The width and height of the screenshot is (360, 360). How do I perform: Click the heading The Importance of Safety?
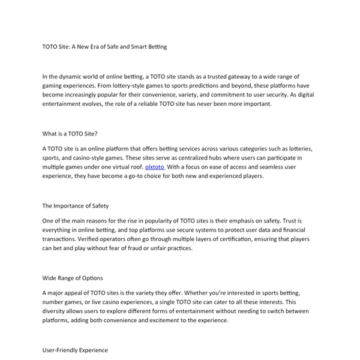pos(76,206)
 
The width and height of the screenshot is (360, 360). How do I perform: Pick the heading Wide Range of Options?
pos(73,278)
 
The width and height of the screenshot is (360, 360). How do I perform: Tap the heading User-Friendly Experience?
pos(75,349)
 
